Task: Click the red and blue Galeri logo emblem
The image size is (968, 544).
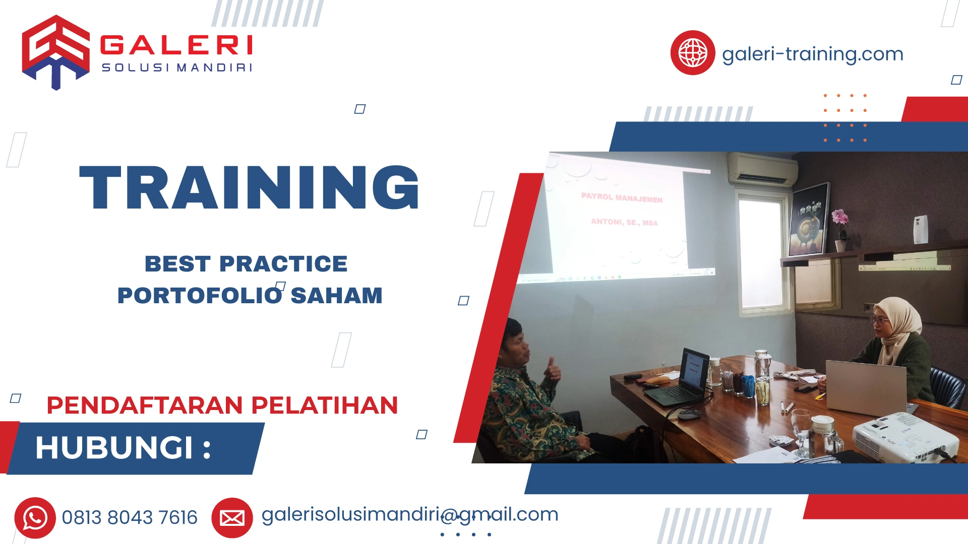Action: click(x=55, y=52)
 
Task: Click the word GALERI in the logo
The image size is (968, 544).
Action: click(x=176, y=45)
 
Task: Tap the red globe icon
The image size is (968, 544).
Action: click(x=692, y=53)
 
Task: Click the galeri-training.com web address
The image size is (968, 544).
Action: click(x=812, y=54)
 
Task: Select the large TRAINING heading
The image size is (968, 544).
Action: click(x=250, y=187)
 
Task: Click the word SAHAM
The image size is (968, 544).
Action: click(x=336, y=296)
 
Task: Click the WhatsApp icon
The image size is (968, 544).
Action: click(x=35, y=518)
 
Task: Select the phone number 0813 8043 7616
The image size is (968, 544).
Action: click(x=130, y=518)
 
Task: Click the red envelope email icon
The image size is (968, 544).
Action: click(x=232, y=518)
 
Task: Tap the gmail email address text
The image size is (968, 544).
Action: click(x=409, y=515)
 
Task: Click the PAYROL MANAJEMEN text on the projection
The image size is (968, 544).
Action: click(x=622, y=197)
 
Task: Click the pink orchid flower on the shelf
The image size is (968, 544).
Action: click(x=839, y=218)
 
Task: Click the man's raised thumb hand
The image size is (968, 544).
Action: click(x=553, y=370)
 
